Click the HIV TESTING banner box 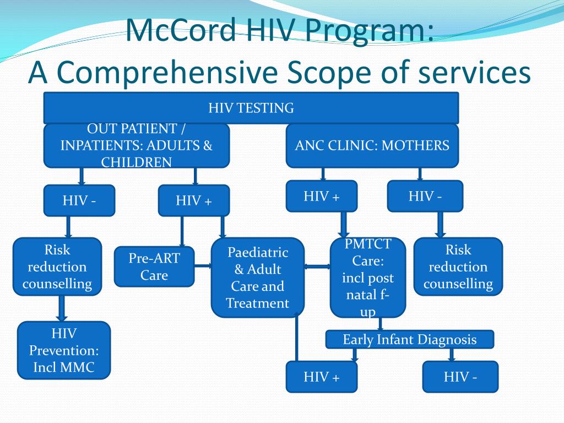[x=251, y=108]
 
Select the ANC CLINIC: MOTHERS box [x=372, y=145]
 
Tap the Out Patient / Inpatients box [x=136, y=145]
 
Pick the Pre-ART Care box [x=154, y=267]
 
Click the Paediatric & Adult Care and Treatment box [x=257, y=278]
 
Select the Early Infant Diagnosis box [x=409, y=339]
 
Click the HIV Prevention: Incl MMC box [x=64, y=350]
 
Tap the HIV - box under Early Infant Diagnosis [x=460, y=377]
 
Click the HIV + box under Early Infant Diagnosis [x=322, y=377]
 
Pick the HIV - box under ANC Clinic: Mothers [x=425, y=196]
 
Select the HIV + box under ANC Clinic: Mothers [x=322, y=196]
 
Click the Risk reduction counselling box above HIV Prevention [x=57, y=267]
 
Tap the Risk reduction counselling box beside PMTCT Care [x=458, y=267]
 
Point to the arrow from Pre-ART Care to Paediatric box [x=203, y=267]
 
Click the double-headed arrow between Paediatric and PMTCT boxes [x=317, y=267]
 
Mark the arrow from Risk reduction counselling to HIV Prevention [x=62, y=308]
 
